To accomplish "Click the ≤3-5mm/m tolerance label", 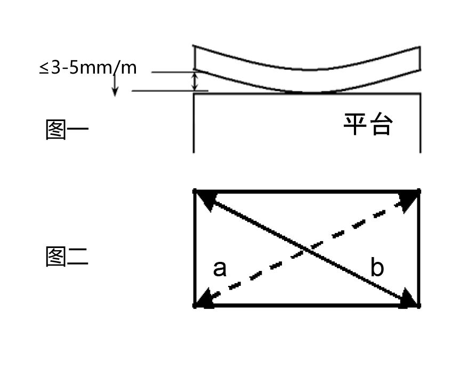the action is [x=88, y=68].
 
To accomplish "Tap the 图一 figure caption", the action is [x=67, y=130].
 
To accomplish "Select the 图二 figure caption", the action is [x=67, y=257].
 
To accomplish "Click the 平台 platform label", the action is [x=368, y=124].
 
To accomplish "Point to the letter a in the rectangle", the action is [x=220, y=268].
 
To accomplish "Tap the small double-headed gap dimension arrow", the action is [x=195, y=81].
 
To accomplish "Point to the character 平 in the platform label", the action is [x=355, y=124].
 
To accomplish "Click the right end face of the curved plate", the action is [x=420, y=58].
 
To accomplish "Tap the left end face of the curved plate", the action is [x=194, y=58].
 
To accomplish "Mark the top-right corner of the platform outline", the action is [x=421, y=93].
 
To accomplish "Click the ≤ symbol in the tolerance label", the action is [x=44, y=68].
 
